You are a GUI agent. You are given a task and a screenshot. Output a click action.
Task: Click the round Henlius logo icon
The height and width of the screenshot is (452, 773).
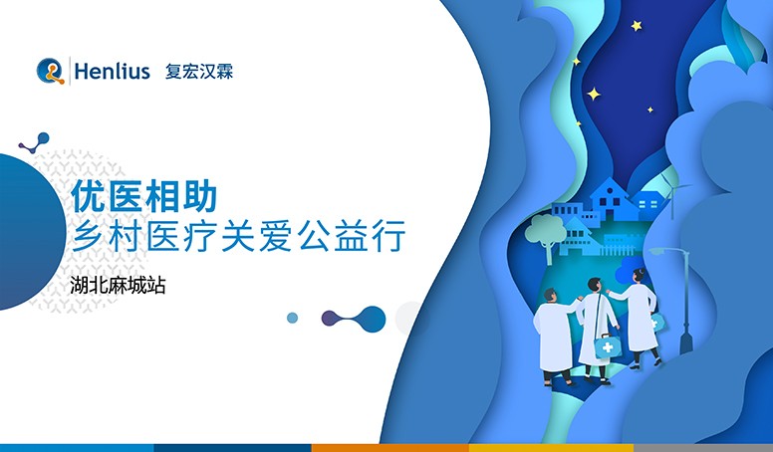pos(50,71)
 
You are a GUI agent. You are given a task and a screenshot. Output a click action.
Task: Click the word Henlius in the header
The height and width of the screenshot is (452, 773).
pos(111,72)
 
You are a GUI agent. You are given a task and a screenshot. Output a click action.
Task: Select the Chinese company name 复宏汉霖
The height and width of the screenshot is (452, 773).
pos(198,72)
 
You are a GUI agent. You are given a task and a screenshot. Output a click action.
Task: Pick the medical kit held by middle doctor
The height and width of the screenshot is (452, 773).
pos(606,346)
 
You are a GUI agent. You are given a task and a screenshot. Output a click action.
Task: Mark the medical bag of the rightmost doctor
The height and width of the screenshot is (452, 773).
pos(656,323)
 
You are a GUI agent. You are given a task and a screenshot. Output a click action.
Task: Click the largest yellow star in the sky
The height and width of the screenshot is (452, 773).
pos(594,95)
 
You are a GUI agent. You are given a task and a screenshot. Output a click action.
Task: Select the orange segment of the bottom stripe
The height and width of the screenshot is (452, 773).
pos(389,447)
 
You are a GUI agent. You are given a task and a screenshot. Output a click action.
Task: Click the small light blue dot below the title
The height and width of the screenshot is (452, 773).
pos(292,318)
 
